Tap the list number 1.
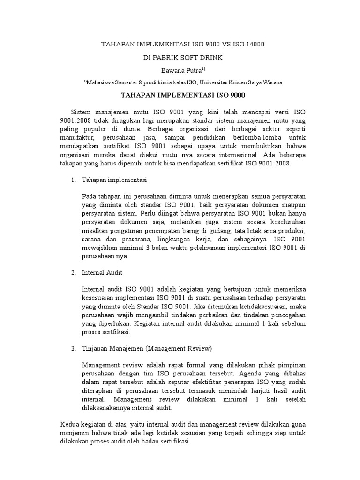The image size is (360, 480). tap(73, 180)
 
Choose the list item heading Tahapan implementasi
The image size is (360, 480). tap(115, 180)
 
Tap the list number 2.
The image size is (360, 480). tap(73, 272)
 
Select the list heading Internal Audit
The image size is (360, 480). tap(102, 272)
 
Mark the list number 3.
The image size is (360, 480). tap(73, 348)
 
